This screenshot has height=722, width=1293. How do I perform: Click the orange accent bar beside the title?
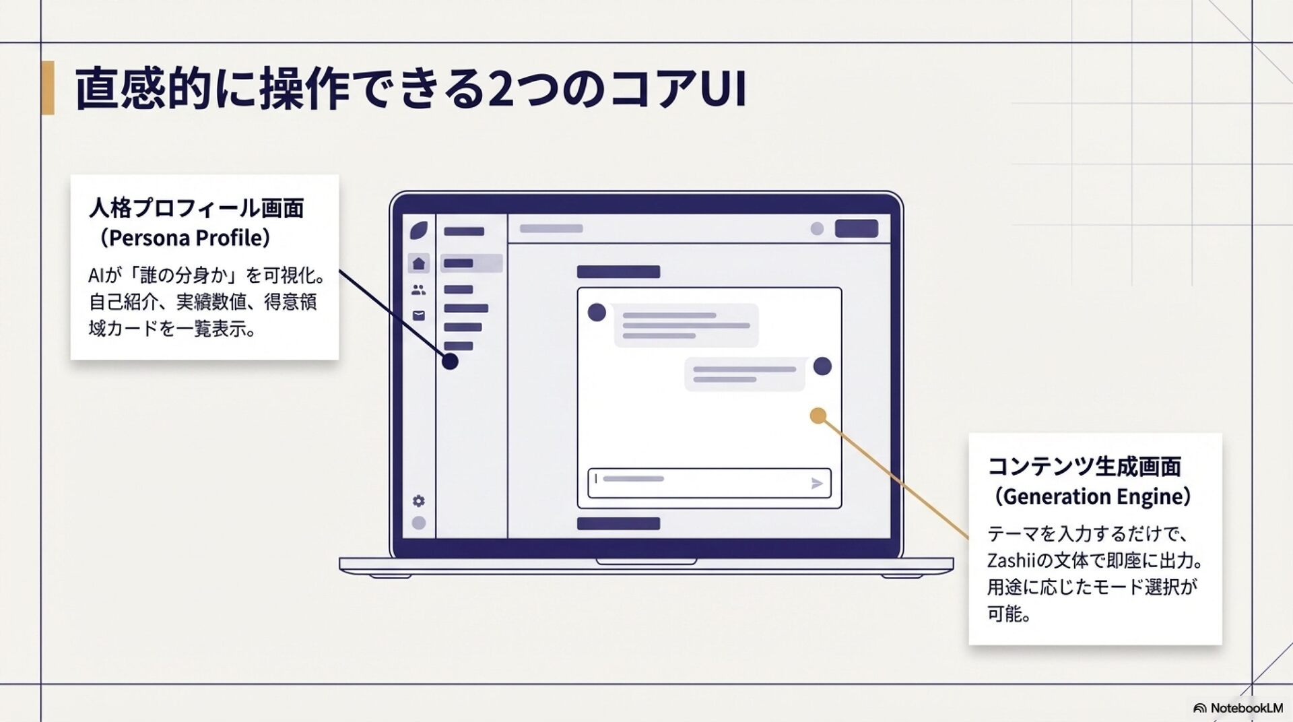click(x=47, y=88)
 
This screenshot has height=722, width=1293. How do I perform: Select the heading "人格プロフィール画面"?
click(x=196, y=208)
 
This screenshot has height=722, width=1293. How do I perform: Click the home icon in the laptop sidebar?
click(x=419, y=263)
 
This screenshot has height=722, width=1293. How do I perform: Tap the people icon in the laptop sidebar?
click(x=419, y=290)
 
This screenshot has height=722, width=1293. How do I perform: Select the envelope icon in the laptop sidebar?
click(x=419, y=315)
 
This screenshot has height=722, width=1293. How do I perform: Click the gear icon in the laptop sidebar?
click(x=419, y=501)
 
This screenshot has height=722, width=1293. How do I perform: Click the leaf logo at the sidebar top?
click(x=419, y=230)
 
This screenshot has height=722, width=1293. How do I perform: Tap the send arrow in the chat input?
click(x=817, y=483)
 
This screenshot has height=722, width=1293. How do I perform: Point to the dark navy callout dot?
click(x=450, y=362)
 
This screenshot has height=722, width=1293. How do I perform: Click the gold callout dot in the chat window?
click(x=818, y=416)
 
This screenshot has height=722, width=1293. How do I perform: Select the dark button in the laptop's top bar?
click(x=856, y=228)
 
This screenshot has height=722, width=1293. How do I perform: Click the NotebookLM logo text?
click(x=1246, y=708)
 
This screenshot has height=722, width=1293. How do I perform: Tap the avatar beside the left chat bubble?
click(x=597, y=313)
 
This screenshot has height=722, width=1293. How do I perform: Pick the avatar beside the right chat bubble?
click(x=822, y=366)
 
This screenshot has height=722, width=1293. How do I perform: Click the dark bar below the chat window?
click(x=618, y=523)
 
